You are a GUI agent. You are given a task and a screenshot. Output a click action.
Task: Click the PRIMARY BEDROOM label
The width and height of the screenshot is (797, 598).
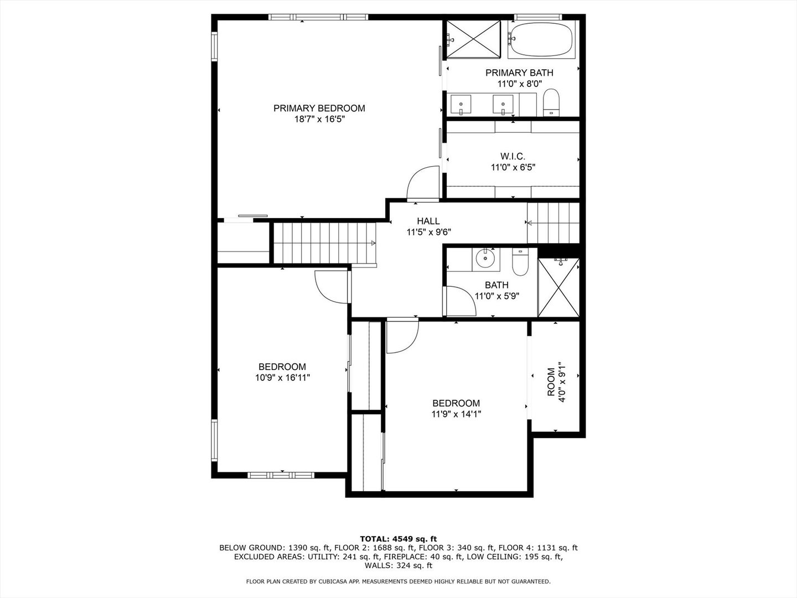[x=319, y=108]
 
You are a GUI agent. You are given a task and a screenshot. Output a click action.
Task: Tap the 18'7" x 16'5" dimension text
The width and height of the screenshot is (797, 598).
[x=319, y=119]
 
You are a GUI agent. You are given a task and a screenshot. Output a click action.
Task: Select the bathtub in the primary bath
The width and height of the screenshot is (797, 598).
[x=541, y=39]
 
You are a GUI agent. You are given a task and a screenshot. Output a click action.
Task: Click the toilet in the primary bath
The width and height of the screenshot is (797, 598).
[x=551, y=104]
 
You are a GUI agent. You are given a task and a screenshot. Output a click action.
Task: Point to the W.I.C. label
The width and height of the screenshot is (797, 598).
[x=513, y=156]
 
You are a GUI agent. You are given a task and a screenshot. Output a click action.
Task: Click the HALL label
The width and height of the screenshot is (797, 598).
[x=428, y=221]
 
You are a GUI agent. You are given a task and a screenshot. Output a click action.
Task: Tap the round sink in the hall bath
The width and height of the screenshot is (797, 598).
[x=486, y=259]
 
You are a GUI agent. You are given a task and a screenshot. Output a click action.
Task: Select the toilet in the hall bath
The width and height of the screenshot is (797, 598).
[x=521, y=263]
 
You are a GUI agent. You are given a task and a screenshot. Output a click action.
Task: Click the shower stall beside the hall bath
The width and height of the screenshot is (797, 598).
[x=558, y=288]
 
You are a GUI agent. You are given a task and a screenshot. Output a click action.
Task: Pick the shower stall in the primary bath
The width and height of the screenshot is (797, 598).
[x=473, y=38]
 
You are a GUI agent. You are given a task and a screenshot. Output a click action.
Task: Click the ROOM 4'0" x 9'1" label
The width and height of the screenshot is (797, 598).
[x=556, y=382]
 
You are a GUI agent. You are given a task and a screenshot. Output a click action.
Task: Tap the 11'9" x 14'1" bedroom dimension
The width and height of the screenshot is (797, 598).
[x=456, y=414]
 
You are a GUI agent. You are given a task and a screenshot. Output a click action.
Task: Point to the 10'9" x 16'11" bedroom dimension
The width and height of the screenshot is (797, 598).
[x=282, y=378]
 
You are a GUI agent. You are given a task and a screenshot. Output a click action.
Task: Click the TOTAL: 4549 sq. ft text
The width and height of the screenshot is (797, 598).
[x=398, y=538]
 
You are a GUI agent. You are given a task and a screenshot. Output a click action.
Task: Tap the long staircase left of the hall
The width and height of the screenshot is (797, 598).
[x=324, y=243]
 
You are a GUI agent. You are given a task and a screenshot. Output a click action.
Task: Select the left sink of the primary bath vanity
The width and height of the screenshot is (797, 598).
[x=460, y=104]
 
